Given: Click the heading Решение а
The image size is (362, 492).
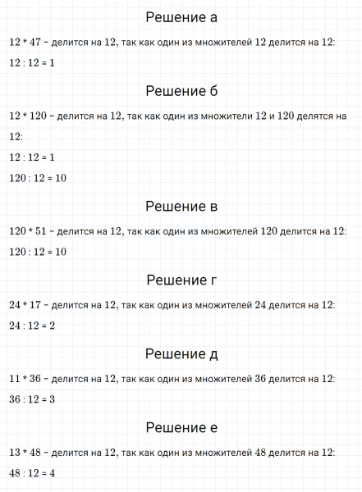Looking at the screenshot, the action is (x=181, y=17).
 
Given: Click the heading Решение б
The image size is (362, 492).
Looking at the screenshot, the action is (x=181, y=90).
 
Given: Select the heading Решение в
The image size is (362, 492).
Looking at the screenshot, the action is (x=181, y=206).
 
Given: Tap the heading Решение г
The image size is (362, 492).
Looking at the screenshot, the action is (x=181, y=280).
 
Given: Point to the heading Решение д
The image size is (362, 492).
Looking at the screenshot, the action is (x=181, y=354).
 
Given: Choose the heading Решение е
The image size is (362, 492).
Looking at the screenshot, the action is (x=181, y=428).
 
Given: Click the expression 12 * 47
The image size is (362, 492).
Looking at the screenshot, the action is (x=25, y=42).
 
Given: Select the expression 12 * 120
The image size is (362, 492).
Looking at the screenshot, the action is (x=28, y=116).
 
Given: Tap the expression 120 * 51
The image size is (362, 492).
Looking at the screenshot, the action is (x=28, y=231).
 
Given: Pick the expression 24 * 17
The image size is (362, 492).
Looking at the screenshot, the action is (x=25, y=305).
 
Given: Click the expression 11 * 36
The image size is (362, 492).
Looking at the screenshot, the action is (x=25, y=379).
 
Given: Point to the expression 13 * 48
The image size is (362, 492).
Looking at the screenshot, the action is (x=25, y=453).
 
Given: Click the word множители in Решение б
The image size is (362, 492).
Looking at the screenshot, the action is (x=221, y=116).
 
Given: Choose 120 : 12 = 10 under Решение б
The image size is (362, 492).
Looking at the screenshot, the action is (x=38, y=177).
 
